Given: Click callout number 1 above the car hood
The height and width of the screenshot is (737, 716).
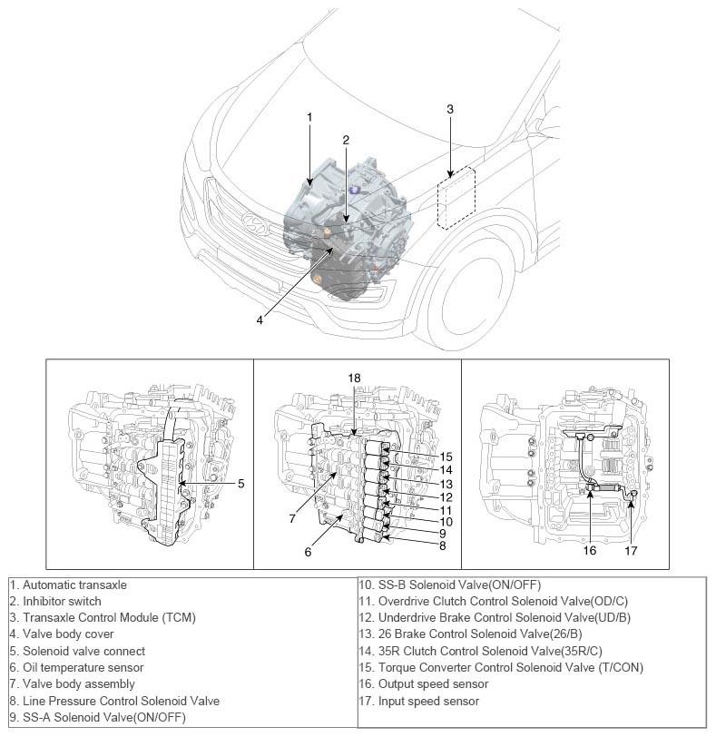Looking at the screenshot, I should pyautogui.click(x=309, y=117).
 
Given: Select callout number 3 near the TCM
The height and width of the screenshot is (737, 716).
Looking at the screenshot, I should pyautogui.click(x=450, y=109).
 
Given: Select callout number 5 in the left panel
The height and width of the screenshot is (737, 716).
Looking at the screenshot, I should pyautogui.click(x=241, y=484).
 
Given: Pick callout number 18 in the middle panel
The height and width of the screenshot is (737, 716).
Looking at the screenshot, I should pyautogui.click(x=353, y=376).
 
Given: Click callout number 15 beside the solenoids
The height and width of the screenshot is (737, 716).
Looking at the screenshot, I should pyautogui.click(x=446, y=456).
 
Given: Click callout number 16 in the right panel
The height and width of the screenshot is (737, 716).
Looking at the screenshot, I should pyautogui.click(x=591, y=549).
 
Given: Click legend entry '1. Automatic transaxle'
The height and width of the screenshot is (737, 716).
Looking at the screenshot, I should pyautogui.click(x=74, y=585).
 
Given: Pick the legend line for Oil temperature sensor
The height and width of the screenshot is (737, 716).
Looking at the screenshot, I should pyautogui.click(x=87, y=668).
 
